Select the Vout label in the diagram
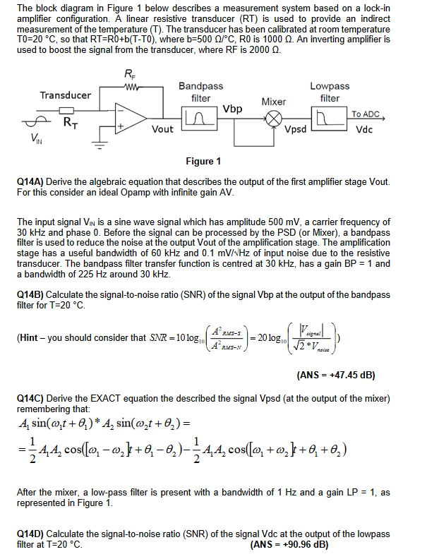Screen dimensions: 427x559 162,129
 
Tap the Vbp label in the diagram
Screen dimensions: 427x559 232,109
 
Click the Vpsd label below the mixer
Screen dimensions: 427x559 296,130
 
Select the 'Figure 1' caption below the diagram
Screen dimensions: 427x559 203,162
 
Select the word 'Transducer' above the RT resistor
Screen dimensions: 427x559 65,95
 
